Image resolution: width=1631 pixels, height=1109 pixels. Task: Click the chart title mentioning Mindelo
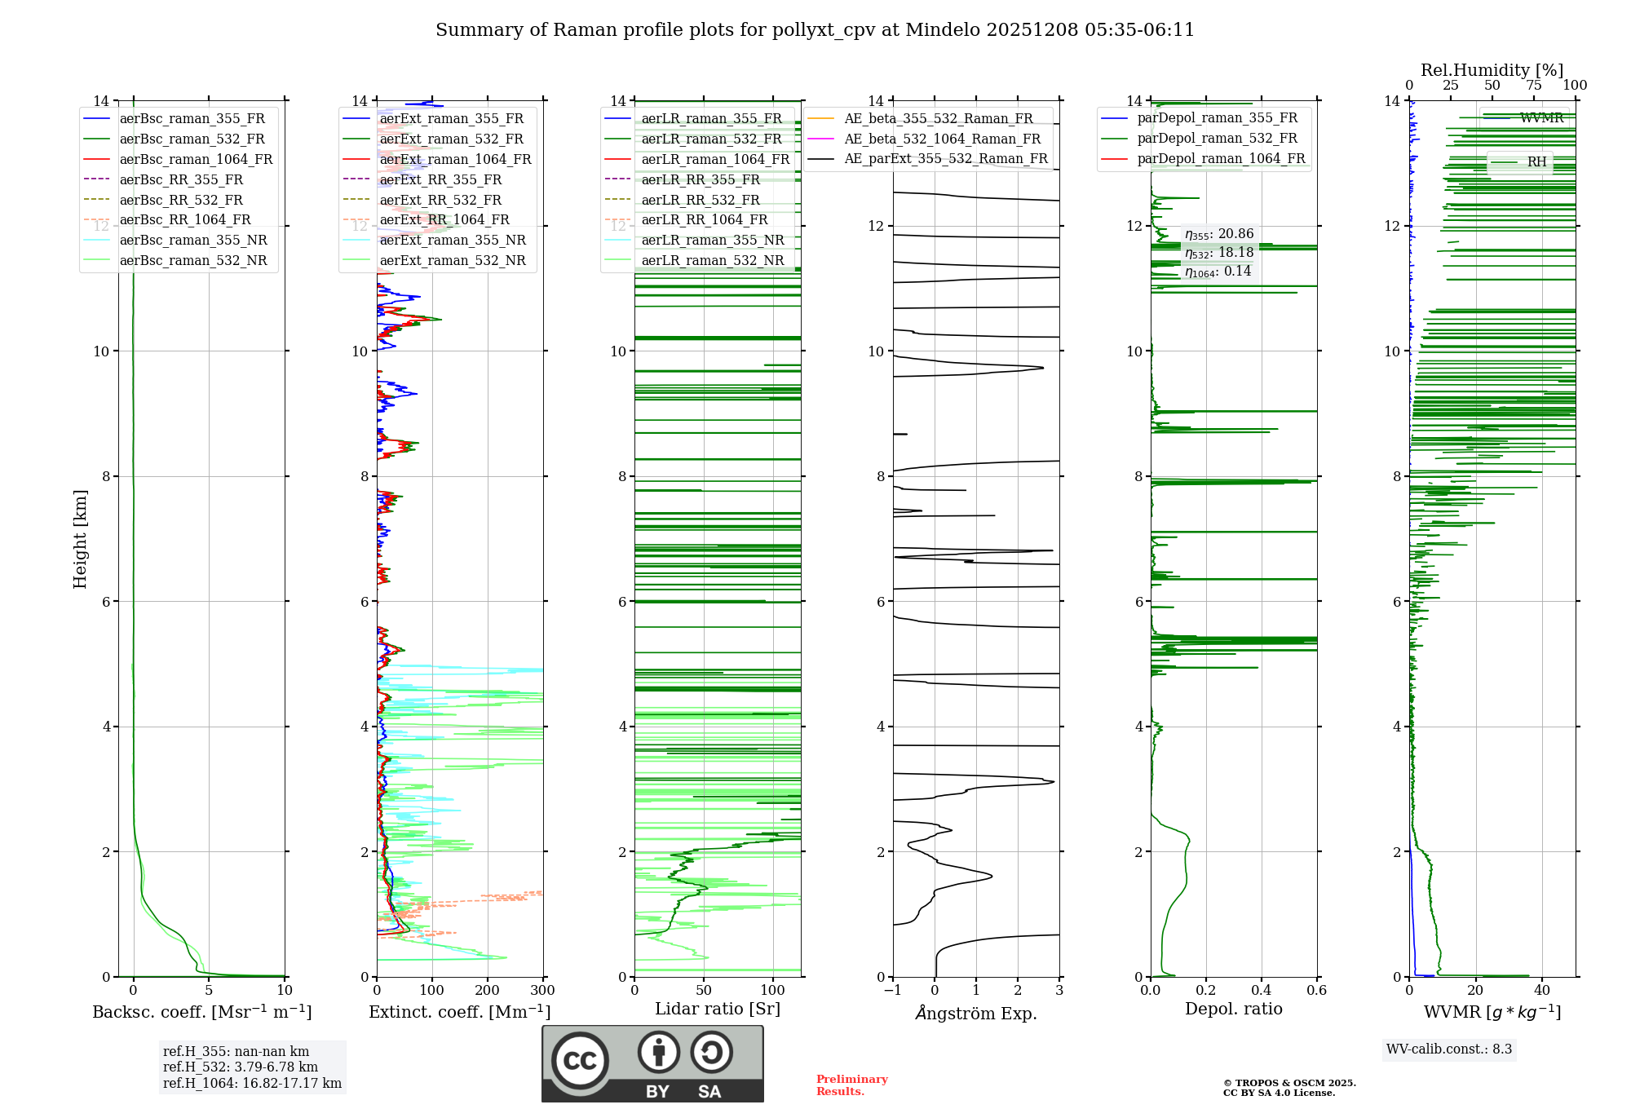pyautogui.click(x=815, y=30)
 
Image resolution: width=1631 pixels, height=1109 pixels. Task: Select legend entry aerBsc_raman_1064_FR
pyautogui.click(x=196, y=159)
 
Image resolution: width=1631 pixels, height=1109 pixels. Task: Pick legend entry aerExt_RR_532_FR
pyautogui.click(x=440, y=200)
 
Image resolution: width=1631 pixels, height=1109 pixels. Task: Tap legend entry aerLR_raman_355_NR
pyautogui.click(x=712, y=240)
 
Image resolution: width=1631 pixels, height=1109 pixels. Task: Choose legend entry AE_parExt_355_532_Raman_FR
pyautogui.click(x=946, y=158)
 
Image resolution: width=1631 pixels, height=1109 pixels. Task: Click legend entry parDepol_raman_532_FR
pyautogui.click(x=1217, y=139)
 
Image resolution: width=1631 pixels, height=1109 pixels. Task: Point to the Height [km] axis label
pyautogui.click(x=80, y=538)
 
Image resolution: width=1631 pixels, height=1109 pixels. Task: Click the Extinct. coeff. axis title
pyautogui.click(x=460, y=1012)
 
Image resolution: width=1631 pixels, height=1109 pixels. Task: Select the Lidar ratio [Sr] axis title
pyautogui.click(x=718, y=1009)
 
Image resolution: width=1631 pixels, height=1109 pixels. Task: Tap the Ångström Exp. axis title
pyautogui.click(x=976, y=1013)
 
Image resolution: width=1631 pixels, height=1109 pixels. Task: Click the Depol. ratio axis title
pyautogui.click(x=1233, y=1009)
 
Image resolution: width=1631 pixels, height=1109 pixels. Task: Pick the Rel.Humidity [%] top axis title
pyautogui.click(x=1492, y=70)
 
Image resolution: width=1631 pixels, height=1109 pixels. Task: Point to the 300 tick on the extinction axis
pyautogui.click(x=542, y=990)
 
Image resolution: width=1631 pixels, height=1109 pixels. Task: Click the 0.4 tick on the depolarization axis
pyautogui.click(x=1261, y=990)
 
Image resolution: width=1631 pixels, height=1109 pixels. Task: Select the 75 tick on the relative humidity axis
pyautogui.click(x=1533, y=86)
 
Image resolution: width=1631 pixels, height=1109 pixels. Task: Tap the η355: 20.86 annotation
pyautogui.click(x=1219, y=234)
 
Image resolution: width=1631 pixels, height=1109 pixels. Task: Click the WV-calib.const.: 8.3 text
pyautogui.click(x=1449, y=1049)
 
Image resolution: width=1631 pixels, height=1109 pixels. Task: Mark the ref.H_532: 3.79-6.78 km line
pyautogui.click(x=241, y=1067)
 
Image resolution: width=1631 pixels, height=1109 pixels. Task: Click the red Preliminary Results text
pyautogui.click(x=851, y=1085)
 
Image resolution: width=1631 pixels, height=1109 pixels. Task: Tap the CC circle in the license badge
pyautogui.click(x=580, y=1060)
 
